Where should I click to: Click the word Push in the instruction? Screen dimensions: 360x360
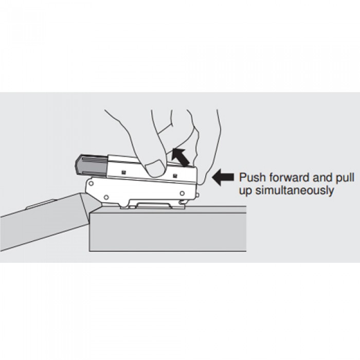(253, 177)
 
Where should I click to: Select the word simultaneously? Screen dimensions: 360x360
(295, 191)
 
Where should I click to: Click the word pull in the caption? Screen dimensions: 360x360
(346, 178)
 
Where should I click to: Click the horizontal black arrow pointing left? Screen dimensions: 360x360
(223, 177)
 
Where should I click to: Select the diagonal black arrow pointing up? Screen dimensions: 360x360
(181, 157)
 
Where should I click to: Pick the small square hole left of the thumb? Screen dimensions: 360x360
(123, 171)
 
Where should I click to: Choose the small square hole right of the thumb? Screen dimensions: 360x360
(175, 176)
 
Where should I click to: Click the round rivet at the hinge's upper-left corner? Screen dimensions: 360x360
(91, 184)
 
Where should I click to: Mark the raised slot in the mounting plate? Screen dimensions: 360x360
(154, 205)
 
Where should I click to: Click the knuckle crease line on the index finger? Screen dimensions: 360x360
(165, 128)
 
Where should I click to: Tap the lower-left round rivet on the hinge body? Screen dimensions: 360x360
(106, 197)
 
